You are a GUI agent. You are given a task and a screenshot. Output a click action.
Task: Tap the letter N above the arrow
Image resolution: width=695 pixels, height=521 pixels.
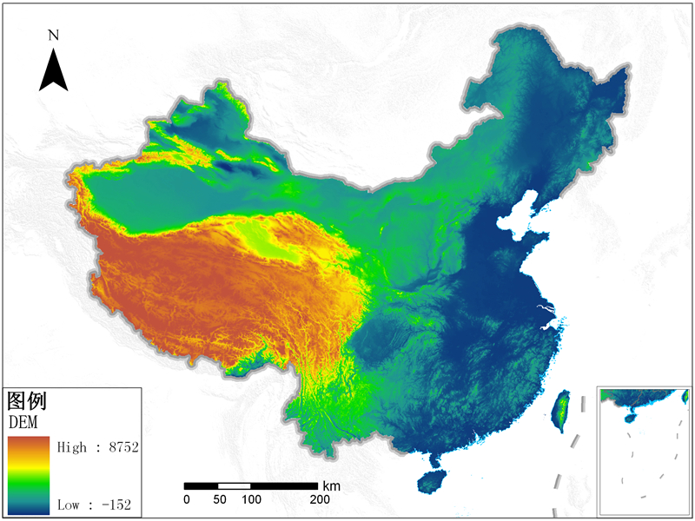click(x=54, y=36)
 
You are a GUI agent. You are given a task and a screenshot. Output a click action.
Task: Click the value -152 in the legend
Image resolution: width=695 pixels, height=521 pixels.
click(x=115, y=504)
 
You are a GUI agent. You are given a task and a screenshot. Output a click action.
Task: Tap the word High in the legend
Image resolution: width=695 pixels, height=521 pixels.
click(x=73, y=447)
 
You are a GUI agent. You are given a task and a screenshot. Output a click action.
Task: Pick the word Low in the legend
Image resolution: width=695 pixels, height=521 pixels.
click(x=70, y=504)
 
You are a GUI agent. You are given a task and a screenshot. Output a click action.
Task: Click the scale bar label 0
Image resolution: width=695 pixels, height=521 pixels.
click(x=186, y=500)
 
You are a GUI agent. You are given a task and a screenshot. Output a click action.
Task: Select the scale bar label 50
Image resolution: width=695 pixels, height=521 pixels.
click(x=218, y=500)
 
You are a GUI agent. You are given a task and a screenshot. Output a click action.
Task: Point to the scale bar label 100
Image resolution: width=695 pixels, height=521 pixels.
click(x=251, y=500)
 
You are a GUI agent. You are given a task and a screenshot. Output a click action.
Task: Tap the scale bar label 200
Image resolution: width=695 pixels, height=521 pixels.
click(x=319, y=500)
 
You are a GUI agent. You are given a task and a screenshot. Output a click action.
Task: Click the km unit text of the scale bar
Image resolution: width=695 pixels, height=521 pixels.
click(x=331, y=485)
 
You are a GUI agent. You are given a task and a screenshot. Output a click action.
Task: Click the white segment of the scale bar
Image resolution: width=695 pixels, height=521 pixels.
click(x=235, y=485)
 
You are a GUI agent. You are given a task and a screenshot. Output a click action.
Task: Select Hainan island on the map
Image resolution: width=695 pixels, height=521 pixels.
click(x=432, y=481)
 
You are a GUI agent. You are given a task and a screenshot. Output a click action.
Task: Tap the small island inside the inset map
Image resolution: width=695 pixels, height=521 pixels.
click(x=629, y=418)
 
